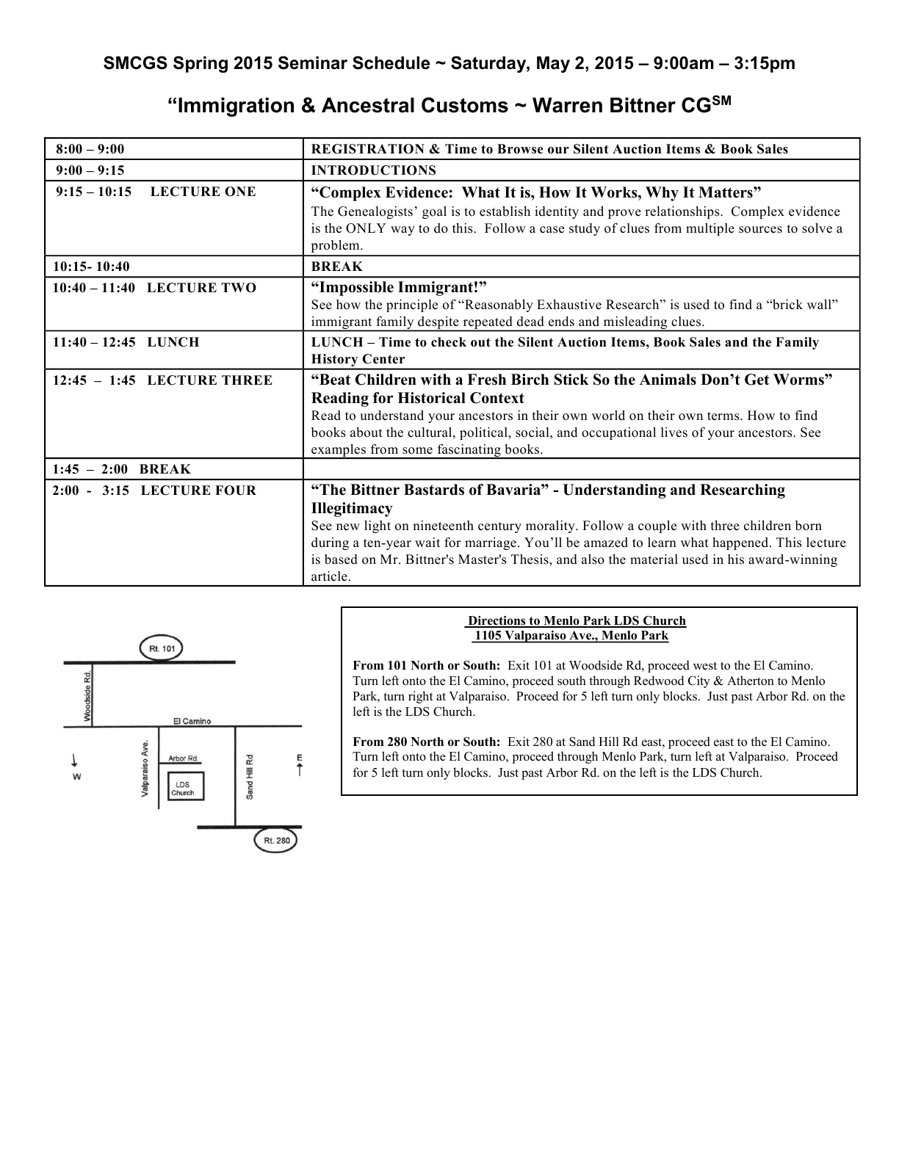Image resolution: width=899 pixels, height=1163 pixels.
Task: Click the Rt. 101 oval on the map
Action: (x=162, y=648)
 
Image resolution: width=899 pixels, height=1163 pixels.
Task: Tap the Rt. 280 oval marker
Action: (x=275, y=841)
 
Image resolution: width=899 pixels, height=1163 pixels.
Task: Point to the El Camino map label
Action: (x=192, y=721)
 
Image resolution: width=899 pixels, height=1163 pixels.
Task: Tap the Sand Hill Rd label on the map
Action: (x=249, y=776)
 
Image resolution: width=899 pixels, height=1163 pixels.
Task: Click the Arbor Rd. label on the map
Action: (x=183, y=758)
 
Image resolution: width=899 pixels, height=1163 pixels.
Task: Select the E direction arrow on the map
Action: (x=299, y=765)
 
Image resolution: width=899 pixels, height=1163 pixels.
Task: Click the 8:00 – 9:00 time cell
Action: (x=90, y=149)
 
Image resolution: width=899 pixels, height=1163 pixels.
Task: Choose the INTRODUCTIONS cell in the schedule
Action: (x=374, y=170)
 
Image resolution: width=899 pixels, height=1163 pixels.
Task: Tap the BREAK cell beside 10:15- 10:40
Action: (x=337, y=267)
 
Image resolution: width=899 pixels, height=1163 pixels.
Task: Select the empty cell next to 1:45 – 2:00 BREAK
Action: (x=581, y=469)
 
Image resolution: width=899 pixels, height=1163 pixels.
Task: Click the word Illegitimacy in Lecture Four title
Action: (x=352, y=508)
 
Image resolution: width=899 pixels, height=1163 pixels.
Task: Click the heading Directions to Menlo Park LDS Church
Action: (x=577, y=620)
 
